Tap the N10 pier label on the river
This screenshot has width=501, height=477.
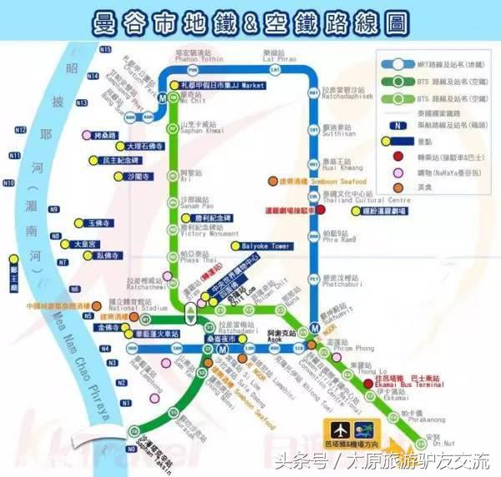[x=8, y=183]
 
